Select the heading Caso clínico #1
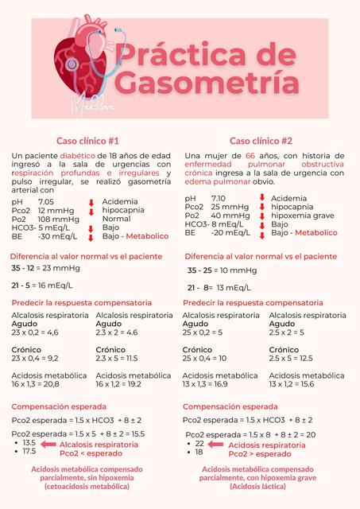(87, 140)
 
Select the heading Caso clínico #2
(261, 140)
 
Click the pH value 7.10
(219, 198)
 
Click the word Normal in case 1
(117, 219)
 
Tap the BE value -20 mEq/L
(230, 233)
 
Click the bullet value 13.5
(29, 442)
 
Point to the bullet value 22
(199, 443)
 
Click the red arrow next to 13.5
(48, 443)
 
